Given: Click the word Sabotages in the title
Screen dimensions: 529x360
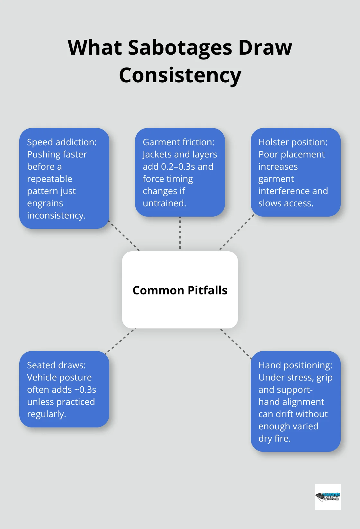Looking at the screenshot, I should click(180, 48).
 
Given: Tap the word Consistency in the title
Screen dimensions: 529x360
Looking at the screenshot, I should click(180, 75).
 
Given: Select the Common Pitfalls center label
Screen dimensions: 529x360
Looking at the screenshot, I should click(180, 290).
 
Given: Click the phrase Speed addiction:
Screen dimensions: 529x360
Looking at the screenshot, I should click(62, 142).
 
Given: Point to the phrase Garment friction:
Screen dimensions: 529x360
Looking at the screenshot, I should click(178, 142).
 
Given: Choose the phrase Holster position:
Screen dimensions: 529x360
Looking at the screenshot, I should click(293, 142).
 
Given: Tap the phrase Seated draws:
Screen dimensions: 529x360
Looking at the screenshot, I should click(56, 365).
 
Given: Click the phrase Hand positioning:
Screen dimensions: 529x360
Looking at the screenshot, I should click(295, 365).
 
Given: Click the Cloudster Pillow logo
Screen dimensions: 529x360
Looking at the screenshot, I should click(328, 497).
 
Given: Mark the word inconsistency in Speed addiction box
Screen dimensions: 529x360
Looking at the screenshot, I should click(56, 215).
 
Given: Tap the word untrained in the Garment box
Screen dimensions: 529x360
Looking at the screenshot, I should click(164, 203).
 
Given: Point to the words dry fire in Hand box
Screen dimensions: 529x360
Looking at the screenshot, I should click(274, 438).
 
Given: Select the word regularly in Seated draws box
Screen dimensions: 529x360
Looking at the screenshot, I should click(46, 414).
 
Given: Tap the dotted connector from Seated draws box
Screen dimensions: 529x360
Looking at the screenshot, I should click(121, 340).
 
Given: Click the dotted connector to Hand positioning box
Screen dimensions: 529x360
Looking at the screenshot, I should click(236, 343).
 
